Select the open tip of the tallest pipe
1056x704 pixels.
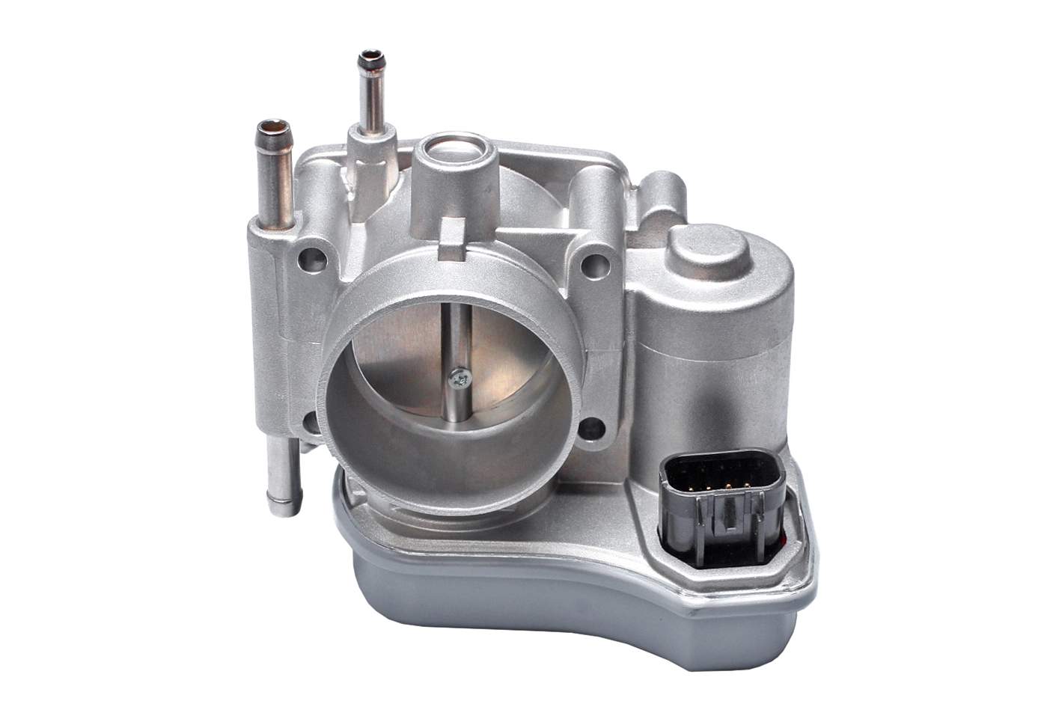pyautogui.click(x=369, y=58)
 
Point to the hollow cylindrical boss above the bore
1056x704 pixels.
pyautogui.click(x=458, y=161)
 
